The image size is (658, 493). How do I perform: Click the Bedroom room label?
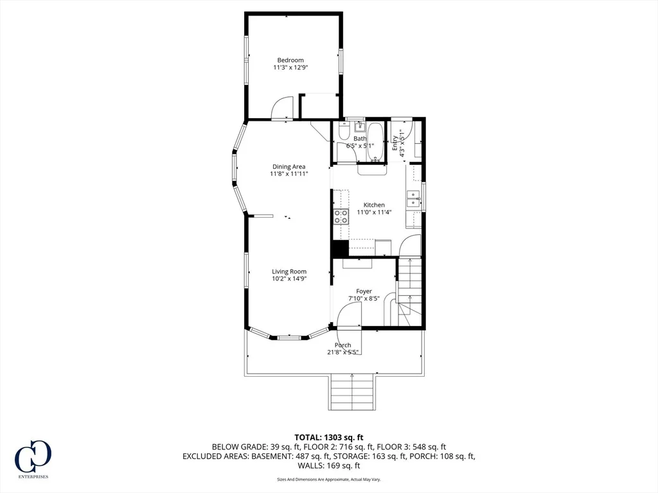tap(290, 60)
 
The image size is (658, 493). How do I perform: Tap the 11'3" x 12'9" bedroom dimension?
tap(290, 67)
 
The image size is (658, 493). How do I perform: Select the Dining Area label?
tap(289, 166)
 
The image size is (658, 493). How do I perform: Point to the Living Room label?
tap(289, 272)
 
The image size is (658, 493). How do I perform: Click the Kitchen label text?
tap(374, 205)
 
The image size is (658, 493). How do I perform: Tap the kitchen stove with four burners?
tap(341, 216)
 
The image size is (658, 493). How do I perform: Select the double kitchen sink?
tap(413, 199)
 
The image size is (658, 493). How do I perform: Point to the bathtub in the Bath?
tap(375, 142)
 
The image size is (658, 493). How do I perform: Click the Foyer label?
tap(364, 291)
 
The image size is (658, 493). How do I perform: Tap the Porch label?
tap(343, 345)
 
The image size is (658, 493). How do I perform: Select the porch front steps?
tap(351, 392)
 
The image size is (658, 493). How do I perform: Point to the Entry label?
tap(395, 143)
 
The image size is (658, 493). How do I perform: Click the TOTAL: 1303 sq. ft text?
tap(328, 438)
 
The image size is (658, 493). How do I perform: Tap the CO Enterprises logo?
tap(33, 459)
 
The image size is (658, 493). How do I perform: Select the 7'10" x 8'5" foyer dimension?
tap(364, 298)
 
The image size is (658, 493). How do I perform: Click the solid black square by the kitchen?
tap(341, 248)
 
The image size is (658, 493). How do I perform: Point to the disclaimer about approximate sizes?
tap(328, 479)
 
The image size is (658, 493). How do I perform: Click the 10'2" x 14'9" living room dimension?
tap(289, 279)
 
